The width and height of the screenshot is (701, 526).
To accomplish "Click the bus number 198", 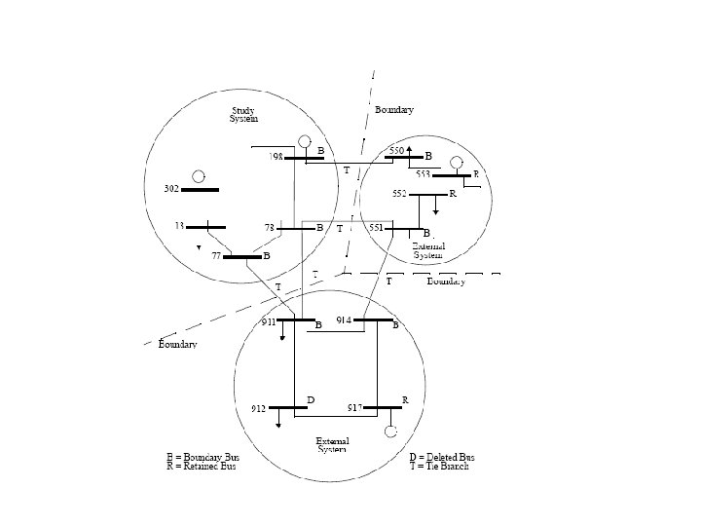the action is click(277, 156).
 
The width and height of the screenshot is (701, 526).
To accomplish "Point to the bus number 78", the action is click(272, 227).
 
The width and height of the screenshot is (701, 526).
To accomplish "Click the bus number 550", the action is click(396, 151).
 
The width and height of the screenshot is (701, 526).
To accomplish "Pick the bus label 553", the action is click(424, 173).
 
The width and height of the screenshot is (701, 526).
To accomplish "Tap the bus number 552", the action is click(399, 193).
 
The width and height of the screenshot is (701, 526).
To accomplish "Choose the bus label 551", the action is click(377, 227).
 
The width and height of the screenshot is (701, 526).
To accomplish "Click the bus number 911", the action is click(267, 320).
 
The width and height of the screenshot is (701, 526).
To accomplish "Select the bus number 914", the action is click(344, 319).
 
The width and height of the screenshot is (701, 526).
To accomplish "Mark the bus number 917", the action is click(355, 406).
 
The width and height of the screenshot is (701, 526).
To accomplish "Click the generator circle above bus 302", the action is click(199, 176).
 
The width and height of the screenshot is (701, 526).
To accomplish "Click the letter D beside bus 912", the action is click(311, 399).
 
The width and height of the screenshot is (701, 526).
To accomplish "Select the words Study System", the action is click(243, 114).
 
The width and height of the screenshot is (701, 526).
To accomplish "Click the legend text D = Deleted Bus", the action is click(442, 456).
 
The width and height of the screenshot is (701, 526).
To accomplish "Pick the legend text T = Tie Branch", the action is click(439, 467).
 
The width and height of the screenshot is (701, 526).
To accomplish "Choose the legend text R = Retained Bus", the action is click(202, 467).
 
